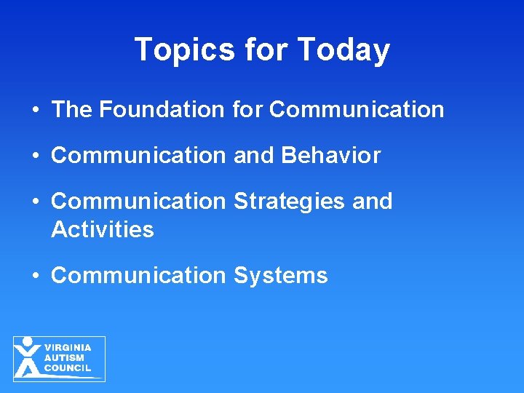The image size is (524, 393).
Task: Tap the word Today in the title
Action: pyautogui.click(x=344, y=49)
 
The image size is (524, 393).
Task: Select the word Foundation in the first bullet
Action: pyautogui.click(x=162, y=110)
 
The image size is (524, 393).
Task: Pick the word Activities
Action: pyautogui.click(x=103, y=230)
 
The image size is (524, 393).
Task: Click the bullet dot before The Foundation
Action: pyautogui.click(x=36, y=111)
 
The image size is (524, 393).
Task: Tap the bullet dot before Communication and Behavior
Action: pyautogui.click(x=36, y=156)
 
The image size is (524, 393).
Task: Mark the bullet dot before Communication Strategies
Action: pyautogui.click(x=36, y=202)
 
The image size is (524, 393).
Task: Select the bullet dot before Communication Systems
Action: pyautogui.click(x=36, y=276)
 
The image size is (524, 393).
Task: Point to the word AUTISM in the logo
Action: pyautogui.click(x=64, y=358)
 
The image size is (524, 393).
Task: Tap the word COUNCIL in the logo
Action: pyautogui.click(x=68, y=368)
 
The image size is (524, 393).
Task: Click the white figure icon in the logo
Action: pyautogui.click(x=28, y=358)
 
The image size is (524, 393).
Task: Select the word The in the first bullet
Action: pyautogui.click(x=72, y=110)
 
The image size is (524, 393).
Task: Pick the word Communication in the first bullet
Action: pyautogui.click(x=357, y=110)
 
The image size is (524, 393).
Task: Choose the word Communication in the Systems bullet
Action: pyautogui.click(x=139, y=276)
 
